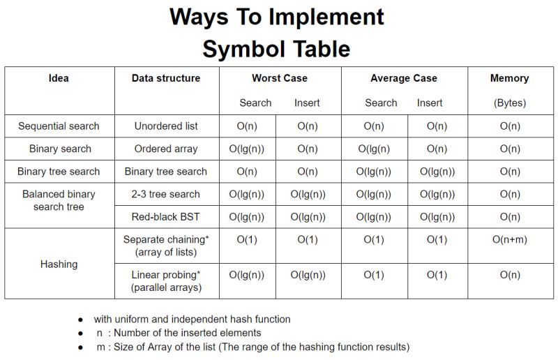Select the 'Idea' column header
click(59, 78)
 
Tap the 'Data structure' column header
click(166, 78)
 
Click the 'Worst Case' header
click(280, 78)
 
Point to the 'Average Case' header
click(404, 78)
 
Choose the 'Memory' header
click(509, 78)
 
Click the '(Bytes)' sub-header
click(509, 103)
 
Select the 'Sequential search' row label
click(59, 126)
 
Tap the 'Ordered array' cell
click(166, 149)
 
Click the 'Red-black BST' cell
click(166, 217)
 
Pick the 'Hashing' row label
click(59, 264)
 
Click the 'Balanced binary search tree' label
click(59, 200)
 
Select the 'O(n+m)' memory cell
click(510, 240)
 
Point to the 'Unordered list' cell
click(166, 126)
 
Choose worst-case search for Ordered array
click(247, 149)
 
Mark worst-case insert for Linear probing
click(308, 275)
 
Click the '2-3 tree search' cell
click(166, 194)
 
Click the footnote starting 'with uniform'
click(192, 319)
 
